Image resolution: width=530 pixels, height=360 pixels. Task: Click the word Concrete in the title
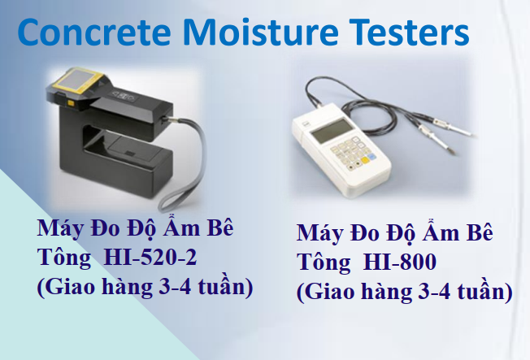tap(94, 32)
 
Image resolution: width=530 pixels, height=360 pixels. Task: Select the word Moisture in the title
tap(261, 32)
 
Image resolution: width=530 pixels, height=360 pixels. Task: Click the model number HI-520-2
tap(150, 258)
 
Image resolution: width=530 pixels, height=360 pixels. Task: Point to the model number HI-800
tap(399, 262)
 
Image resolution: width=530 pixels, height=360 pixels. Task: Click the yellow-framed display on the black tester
tap(76, 80)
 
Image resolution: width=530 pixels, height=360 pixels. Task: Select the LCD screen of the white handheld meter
tap(332, 131)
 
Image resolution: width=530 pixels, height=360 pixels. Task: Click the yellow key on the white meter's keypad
tap(365, 160)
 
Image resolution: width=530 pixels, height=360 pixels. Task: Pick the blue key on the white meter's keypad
tap(371, 157)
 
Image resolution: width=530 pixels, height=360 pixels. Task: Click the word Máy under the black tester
tap(61, 229)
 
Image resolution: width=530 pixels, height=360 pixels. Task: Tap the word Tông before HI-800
tap(324, 262)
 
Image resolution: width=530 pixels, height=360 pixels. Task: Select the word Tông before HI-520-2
tap(64, 258)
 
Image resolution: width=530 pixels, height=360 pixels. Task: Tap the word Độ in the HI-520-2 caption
tap(141, 228)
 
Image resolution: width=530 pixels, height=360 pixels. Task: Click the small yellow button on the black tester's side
tap(71, 103)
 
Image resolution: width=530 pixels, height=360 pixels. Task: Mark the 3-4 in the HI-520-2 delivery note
tap(175, 287)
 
